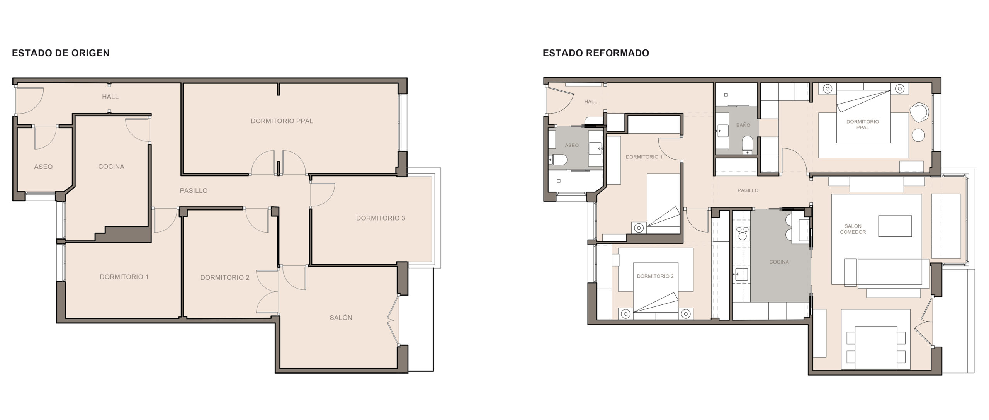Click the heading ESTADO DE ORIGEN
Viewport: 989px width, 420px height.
[x=61, y=53]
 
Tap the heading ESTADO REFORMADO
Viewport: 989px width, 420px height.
[x=596, y=53]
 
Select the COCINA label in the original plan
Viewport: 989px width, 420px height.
[x=111, y=167]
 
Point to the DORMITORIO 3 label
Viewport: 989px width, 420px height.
[x=381, y=218]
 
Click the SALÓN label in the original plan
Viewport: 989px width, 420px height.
[x=341, y=318]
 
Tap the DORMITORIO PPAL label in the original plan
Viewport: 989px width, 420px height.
[x=282, y=121]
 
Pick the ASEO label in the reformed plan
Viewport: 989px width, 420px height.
[x=572, y=145]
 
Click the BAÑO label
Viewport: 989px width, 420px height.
[x=743, y=125]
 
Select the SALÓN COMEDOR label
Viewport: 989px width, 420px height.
[x=853, y=229]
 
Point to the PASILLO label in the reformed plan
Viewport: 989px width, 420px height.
[x=748, y=190]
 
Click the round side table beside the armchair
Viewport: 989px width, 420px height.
[x=918, y=135]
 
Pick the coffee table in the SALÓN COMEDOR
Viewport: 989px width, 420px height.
[x=895, y=226]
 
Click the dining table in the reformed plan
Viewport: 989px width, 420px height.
[x=876, y=347]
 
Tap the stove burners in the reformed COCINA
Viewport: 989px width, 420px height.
[x=742, y=234]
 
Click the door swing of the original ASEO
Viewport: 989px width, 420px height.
[x=45, y=138]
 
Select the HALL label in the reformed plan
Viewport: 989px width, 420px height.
[x=590, y=102]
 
